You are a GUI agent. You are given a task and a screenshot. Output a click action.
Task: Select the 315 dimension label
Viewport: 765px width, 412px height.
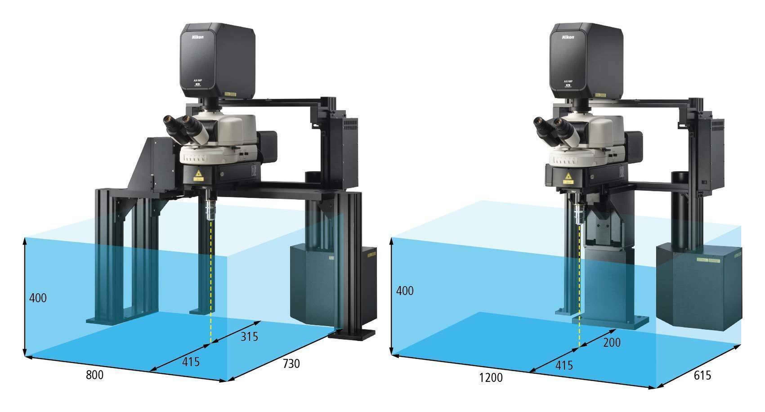(249, 337)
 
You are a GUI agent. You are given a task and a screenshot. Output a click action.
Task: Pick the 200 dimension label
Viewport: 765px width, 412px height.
(612, 343)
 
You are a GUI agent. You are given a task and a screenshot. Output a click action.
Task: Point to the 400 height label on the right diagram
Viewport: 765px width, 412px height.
(405, 291)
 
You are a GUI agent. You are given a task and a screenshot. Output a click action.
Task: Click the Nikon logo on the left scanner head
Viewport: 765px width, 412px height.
(197, 37)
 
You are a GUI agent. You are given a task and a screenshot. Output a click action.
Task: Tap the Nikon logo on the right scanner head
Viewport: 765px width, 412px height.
(568, 37)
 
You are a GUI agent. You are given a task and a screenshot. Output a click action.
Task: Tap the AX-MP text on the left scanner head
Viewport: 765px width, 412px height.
(198, 81)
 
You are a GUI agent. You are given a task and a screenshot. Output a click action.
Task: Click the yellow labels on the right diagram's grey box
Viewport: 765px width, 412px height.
(708, 260)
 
